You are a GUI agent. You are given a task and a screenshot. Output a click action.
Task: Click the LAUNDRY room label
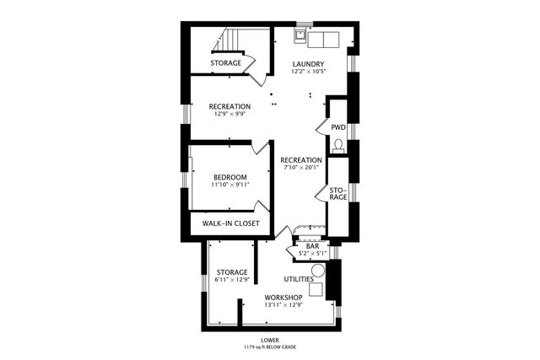(x=310, y=64)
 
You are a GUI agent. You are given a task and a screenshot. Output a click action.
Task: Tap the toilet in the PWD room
(x=338, y=145)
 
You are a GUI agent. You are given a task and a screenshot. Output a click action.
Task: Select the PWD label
(x=338, y=127)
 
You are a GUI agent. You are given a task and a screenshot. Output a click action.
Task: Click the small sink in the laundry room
(x=300, y=36)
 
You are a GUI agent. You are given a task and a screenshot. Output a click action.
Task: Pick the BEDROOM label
(x=230, y=177)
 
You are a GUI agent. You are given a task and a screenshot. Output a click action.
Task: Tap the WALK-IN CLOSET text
(x=230, y=223)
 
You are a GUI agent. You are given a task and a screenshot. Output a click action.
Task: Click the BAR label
(x=312, y=246)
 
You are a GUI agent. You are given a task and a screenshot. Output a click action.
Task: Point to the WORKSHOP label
(x=283, y=298)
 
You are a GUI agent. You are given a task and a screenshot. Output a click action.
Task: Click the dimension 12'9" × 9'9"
(x=230, y=114)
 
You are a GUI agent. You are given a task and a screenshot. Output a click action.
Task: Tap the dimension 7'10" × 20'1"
(x=301, y=167)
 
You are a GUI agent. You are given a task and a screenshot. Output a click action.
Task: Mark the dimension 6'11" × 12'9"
(x=231, y=280)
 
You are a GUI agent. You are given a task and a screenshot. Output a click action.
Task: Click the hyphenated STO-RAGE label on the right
(x=338, y=192)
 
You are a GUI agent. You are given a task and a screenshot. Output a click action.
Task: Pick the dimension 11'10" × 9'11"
(x=230, y=185)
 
